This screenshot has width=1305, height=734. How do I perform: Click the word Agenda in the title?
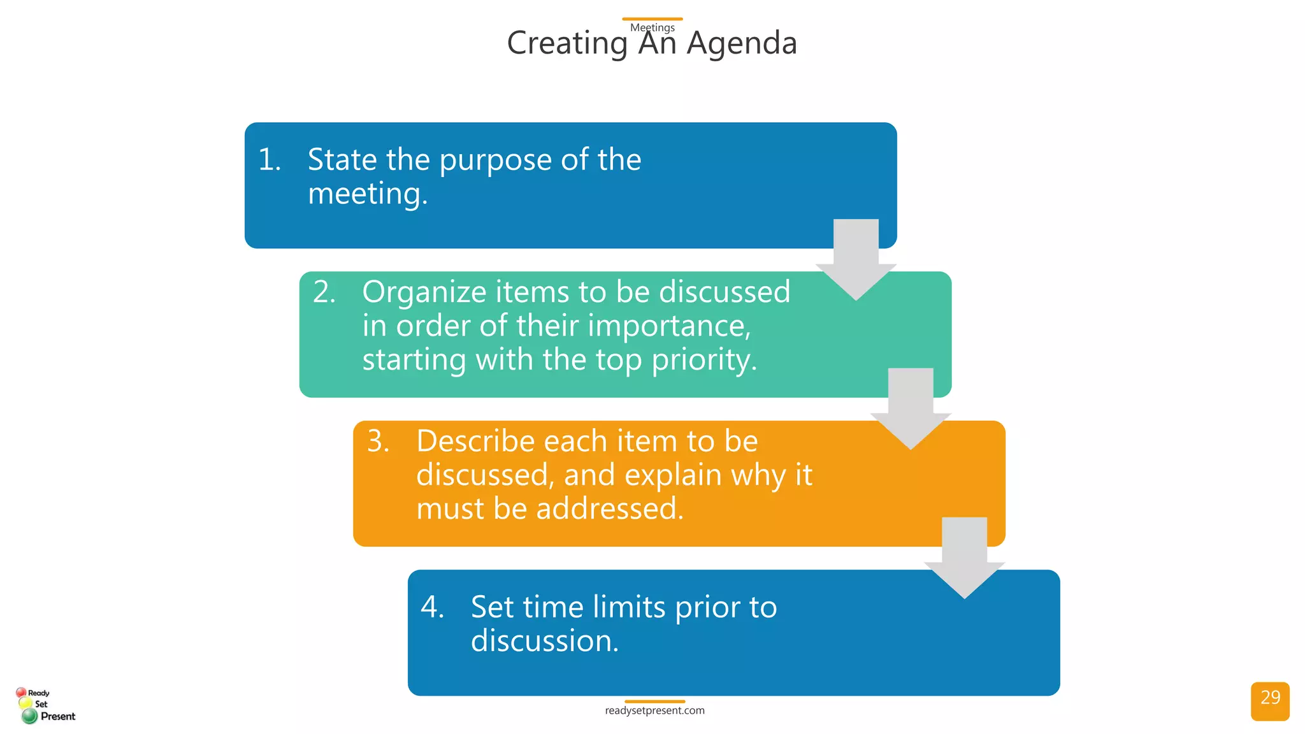742,43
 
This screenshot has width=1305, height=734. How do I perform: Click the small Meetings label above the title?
652,27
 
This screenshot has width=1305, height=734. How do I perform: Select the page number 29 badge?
1270,700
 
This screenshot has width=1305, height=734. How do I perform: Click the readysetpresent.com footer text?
654,710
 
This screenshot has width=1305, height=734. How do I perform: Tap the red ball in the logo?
21,693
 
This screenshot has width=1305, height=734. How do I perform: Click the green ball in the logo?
29,716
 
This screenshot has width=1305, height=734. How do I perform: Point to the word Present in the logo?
58,716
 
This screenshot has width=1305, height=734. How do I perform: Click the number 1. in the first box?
270,159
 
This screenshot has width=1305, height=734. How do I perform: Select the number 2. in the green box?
324,292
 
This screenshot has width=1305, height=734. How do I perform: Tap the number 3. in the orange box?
379,441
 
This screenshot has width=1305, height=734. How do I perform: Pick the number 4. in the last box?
433,607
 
